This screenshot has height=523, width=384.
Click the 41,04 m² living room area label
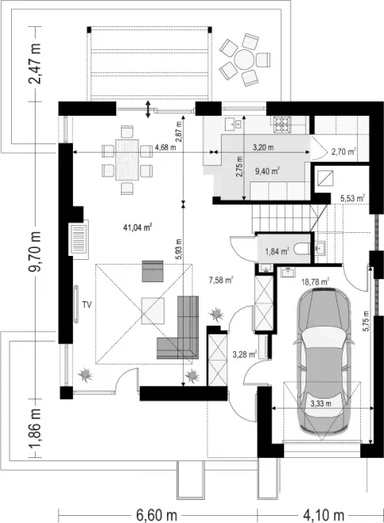138,227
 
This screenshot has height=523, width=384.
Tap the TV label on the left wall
87,304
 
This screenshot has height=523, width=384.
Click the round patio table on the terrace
245,59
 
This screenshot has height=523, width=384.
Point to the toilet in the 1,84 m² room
303,250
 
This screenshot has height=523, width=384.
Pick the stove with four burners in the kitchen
283,124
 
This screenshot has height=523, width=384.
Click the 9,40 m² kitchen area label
267,171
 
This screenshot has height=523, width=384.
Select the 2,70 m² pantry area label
344,152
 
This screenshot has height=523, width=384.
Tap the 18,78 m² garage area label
315,282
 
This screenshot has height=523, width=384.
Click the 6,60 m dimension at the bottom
157,515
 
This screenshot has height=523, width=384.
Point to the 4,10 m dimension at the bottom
323,515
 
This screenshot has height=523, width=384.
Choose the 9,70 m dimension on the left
35,251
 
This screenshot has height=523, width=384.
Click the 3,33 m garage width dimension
321,404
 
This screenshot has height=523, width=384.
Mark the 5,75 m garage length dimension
367,321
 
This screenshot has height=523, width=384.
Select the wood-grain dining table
127,160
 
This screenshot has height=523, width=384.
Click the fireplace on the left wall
78,239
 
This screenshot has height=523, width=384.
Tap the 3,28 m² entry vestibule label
245,354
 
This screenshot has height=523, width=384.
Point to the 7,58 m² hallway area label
221,280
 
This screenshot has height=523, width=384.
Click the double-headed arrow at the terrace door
148,109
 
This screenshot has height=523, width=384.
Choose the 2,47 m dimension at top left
35,63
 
